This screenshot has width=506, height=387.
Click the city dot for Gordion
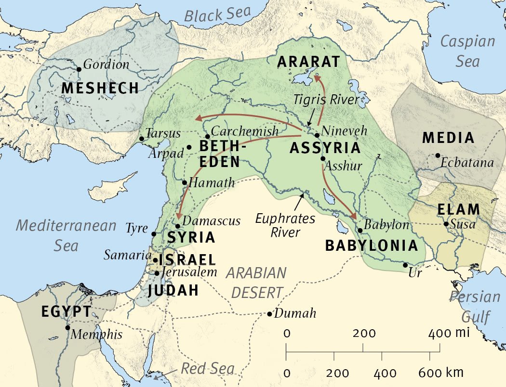[79, 69]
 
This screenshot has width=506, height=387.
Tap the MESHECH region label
[100, 88]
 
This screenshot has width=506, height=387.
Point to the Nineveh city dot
[317, 135]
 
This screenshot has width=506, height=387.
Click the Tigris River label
[327, 100]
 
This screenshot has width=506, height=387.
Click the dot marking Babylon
[360, 230]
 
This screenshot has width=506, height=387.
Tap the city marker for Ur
[405, 265]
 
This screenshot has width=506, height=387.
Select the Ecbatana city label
[467, 163]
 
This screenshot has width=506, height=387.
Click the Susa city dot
[446, 224]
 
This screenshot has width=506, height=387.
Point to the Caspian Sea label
[467, 51]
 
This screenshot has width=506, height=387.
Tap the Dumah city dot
[269, 314]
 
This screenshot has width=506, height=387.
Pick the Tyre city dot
[154, 234]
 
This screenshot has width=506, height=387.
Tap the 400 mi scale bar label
[444, 333]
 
